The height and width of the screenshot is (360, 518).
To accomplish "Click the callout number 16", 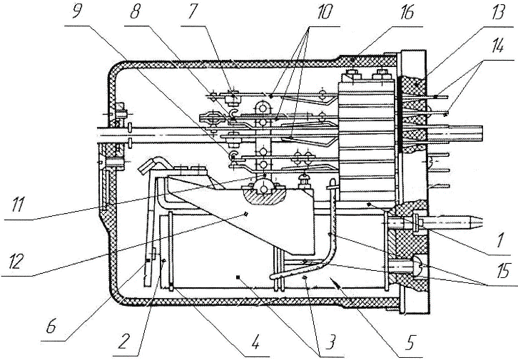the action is (407, 14).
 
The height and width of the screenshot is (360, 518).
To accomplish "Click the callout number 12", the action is (15, 262).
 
